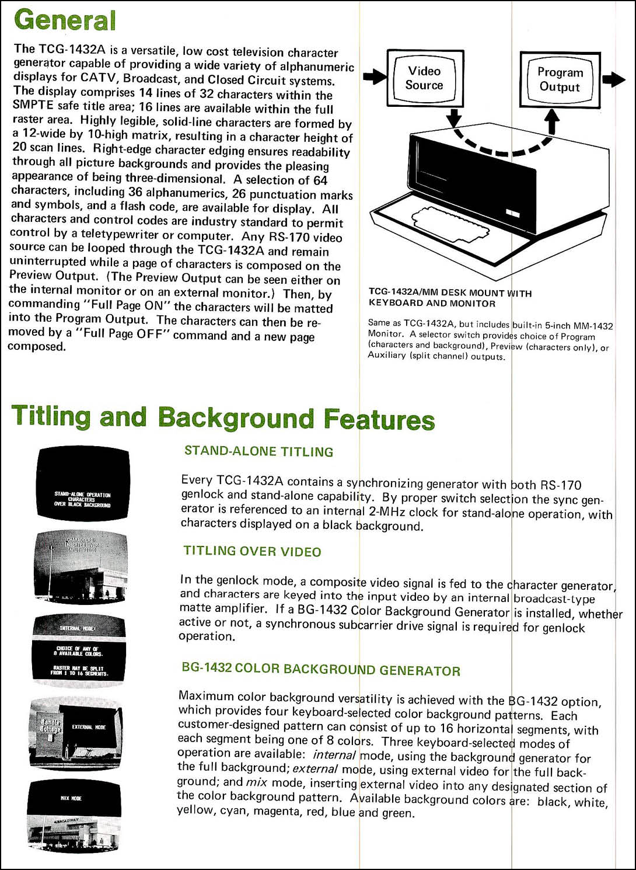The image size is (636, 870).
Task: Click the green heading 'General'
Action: pyautogui.click(x=65, y=20)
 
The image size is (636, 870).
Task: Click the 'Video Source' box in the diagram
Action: pyautogui.click(x=425, y=78)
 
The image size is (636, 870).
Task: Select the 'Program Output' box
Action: pyautogui.click(x=560, y=80)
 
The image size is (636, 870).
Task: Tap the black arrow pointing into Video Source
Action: pyautogui.click(x=375, y=76)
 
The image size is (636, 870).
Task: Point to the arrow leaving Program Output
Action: pyautogui.click(x=613, y=79)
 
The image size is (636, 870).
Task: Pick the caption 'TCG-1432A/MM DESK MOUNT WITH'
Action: pyautogui.click(x=450, y=293)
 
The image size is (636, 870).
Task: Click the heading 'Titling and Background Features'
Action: pyautogui.click(x=223, y=418)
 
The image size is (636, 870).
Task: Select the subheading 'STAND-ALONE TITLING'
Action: pyautogui.click(x=258, y=451)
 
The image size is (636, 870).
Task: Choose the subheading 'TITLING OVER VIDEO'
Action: pyautogui.click(x=252, y=551)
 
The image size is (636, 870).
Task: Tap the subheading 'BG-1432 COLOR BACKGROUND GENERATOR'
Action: pyautogui.click(x=321, y=669)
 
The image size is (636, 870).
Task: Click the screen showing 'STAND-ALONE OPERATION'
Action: pyautogui.click(x=83, y=483)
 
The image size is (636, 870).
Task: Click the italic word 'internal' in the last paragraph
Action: pyautogui.click(x=334, y=755)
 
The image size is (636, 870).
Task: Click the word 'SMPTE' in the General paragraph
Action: pyautogui.click(x=33, y=105)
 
